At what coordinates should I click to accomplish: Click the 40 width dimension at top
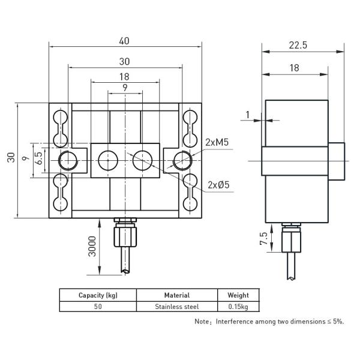click(125, 41)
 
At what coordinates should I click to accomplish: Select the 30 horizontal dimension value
click(125, 61)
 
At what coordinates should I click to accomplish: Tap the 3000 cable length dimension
click(92, 246)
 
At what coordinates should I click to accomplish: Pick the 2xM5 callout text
click(217, 142)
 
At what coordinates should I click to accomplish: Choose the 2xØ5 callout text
click(219, 184)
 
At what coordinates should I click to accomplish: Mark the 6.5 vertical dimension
click(38, 159)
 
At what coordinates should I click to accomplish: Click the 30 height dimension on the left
click(11, 158)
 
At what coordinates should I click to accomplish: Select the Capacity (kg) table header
click(97, 295)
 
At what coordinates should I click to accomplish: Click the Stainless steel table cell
click(176, 306)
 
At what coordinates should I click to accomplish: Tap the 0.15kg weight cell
click(238, 306)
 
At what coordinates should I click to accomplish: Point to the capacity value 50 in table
click(97, 306)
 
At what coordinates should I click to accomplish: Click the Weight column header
click(238, 295)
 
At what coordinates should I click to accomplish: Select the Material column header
click(176, 295)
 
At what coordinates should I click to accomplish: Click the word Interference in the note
click(236, 322)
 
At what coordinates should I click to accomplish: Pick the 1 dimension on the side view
click(247, 114)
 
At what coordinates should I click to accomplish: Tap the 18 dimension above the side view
click(294, 68)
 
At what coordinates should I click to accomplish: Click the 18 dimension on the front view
click(125, 76)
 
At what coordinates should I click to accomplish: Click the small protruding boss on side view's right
click(338, 161)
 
